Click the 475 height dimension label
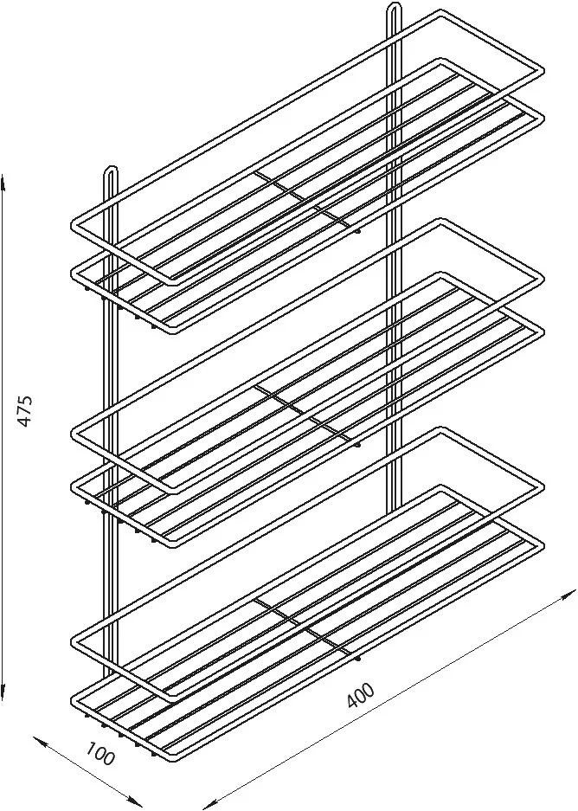pos(25,410)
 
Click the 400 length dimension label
pos(360,695)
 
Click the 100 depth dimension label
pos(100,754)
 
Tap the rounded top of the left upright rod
pos(112,169)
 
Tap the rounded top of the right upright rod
pos(394,6)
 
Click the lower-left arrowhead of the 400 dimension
pos(210,806)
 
